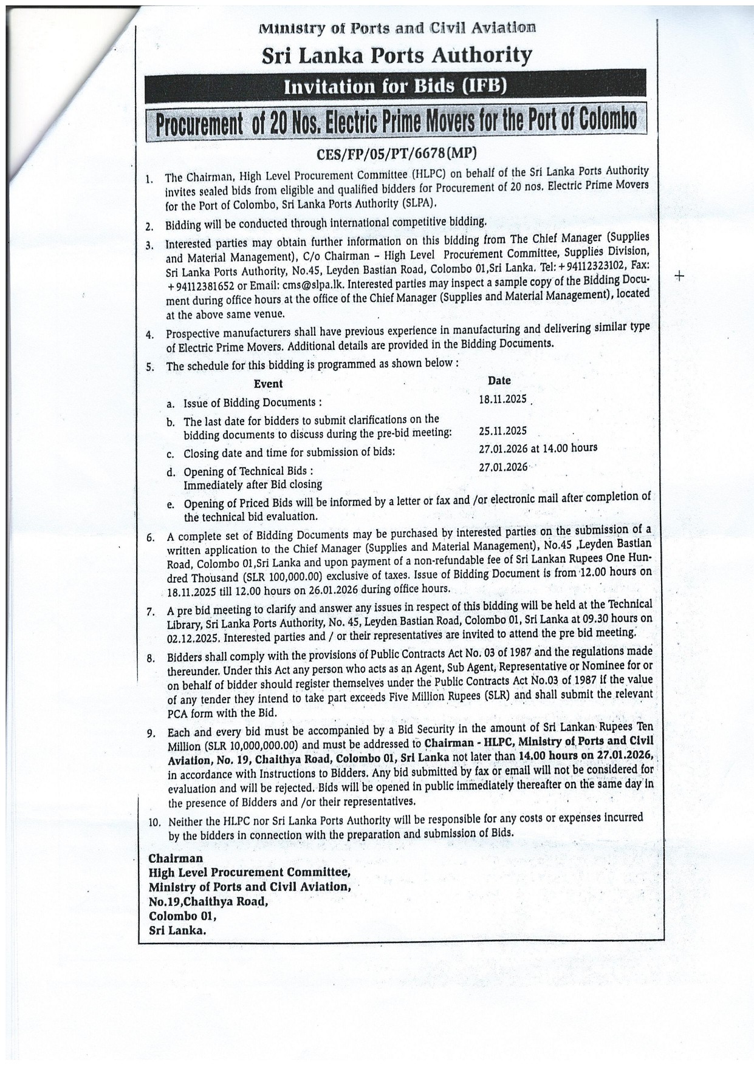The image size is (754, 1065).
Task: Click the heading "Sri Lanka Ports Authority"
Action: (x=396, y=55)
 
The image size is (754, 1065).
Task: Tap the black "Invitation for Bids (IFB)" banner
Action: (x=396, y=87)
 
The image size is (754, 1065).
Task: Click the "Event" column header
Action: (x=268, y=384)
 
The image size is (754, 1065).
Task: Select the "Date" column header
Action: (x=499, y=381)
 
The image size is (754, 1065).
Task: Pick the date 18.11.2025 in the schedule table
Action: (x=502, y=400)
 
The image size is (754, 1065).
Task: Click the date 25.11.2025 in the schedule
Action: (x=502, y=431)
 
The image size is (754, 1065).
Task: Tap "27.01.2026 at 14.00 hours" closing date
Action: (x=538, y=448)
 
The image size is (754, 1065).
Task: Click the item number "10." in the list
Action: (x=154, y=823)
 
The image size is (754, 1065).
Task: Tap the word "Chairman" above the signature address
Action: (x=176, y=859)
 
